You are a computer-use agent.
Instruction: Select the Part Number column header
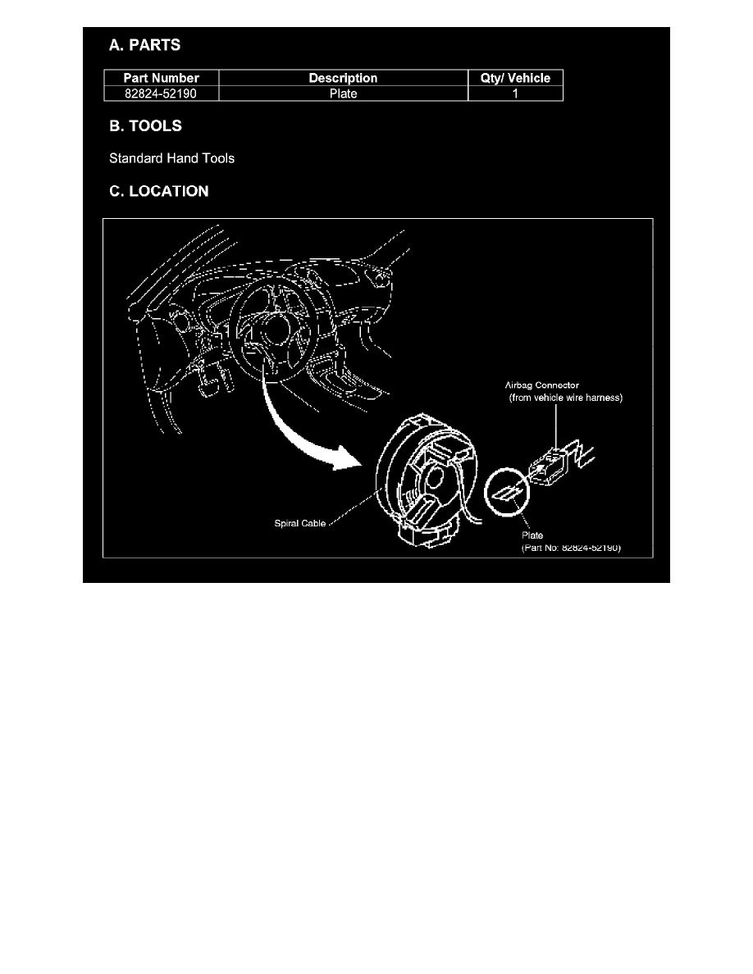click(x=161, y=79)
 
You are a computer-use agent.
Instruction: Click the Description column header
click(x=343, y=79)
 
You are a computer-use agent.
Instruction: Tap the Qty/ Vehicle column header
click(x=515, y=79)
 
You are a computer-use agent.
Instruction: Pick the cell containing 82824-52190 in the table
click(x=161, y=93)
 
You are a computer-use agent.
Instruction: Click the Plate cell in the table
click(x=343, y=93)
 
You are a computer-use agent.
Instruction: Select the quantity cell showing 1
click(x=515, y=93)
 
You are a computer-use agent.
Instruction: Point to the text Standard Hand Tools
click(x=171, y=158)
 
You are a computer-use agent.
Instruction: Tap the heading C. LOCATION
click(x=159, y=192)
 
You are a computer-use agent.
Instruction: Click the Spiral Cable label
click(x=301, y=522)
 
